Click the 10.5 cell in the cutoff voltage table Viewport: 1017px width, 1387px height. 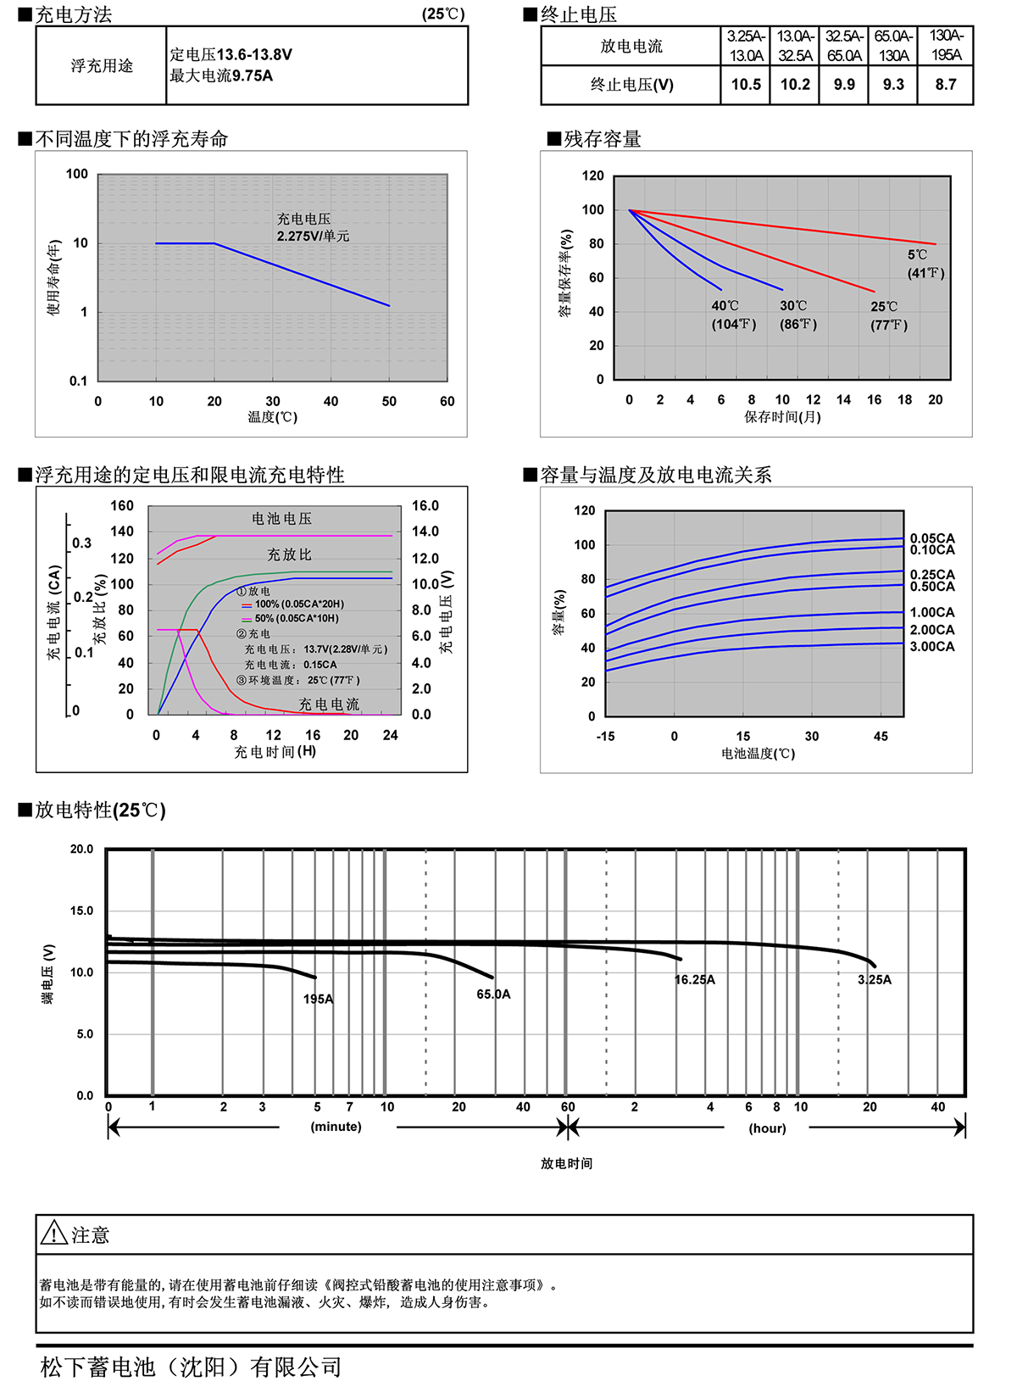pos(746,85)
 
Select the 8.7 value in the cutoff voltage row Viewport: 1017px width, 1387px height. pos(946,85)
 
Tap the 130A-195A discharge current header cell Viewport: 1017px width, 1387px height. pos(946,46)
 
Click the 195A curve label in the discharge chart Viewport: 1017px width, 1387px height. pos(318,1000)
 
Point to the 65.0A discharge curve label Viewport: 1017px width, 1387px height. pos(493,994)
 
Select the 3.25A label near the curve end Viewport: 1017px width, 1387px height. pos(875,980)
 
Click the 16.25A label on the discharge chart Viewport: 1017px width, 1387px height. pos(695,980)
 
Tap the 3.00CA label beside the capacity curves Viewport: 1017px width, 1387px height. pos(932,647)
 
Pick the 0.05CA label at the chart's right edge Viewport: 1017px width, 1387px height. pos(932,538)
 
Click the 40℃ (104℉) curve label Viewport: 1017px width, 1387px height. pos(733,315)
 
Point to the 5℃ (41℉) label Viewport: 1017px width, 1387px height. pos(925,264)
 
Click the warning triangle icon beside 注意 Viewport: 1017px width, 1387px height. pos(53,1233)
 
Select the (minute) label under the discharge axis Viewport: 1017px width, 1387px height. pos(336,1127)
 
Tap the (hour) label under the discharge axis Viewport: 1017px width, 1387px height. pos(767,1128)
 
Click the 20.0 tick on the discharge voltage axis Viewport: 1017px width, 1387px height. pos(82,849)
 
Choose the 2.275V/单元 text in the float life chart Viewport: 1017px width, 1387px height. pos(313,237)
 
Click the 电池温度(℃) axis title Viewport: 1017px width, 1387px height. pos(758,754)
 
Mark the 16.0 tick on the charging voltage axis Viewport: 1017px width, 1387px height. pos(425,506)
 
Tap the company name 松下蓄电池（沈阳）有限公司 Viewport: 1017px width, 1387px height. pos(192,1367)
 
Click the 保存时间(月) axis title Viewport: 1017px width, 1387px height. pos(782,417)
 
